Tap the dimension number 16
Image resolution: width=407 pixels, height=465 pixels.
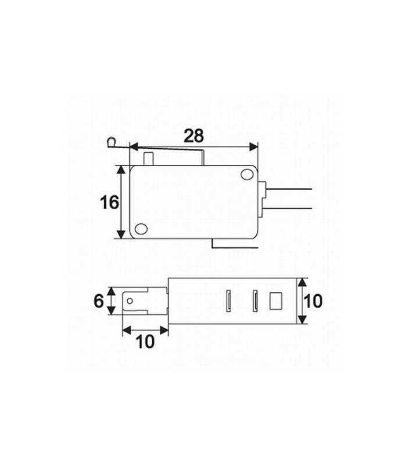coord(109,202)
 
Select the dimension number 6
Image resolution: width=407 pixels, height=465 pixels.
coord(98,301)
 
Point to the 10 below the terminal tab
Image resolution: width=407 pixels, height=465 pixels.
coord(146,341)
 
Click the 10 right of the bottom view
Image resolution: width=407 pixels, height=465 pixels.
coord(313,301)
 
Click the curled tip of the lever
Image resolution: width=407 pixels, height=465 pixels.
coord(110,141)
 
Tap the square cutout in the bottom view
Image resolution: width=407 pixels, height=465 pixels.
coord(276,301)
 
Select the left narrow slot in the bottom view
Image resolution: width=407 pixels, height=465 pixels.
coord(229,301)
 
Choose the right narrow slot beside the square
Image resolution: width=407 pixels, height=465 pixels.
coord(254,301)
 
